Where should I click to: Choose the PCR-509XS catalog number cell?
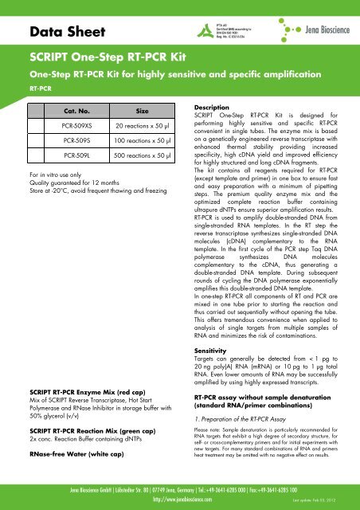78,127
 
